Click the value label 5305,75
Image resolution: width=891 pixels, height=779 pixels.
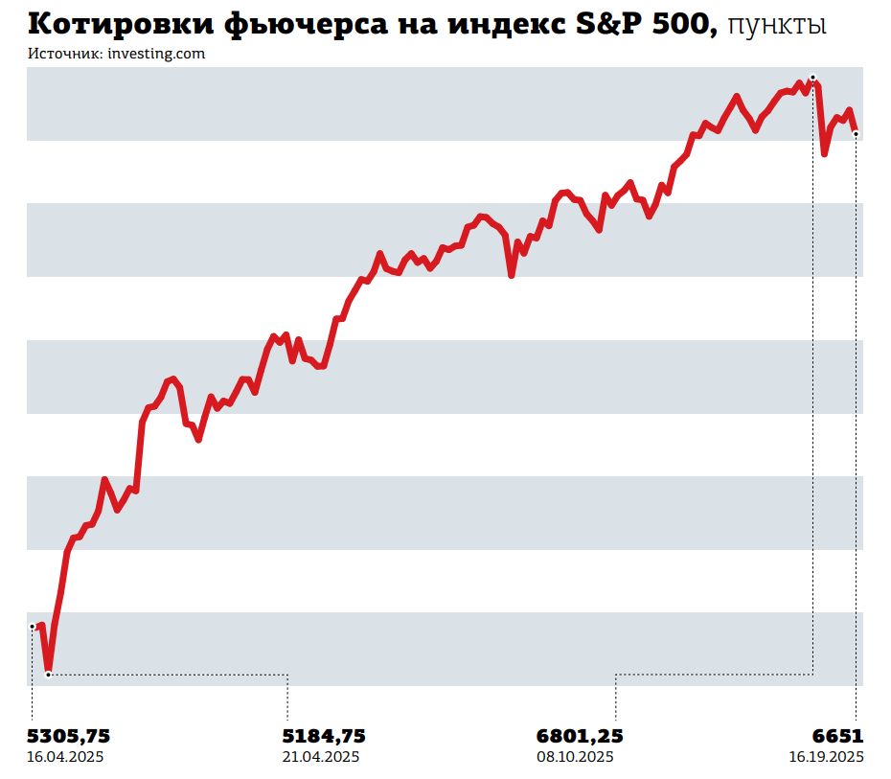click(x=68, y=736)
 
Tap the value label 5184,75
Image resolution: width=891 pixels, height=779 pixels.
click(x=323, y=736)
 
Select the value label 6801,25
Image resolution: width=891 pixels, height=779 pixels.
click(x=580, y=736)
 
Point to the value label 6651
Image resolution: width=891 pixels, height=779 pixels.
click(x=838, y=736)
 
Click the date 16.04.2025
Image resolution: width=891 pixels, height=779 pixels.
click(x=65, y=757)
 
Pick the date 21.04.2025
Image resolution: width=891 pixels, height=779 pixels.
click(x=320, y=757)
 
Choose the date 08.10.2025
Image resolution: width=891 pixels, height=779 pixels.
click(x=575, y=757)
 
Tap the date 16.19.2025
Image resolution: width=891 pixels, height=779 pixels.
click(x=826, y=757)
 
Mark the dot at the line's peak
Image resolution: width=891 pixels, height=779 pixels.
click(x=812, y=77)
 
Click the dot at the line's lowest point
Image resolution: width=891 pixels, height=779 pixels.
click(x=48, y=675)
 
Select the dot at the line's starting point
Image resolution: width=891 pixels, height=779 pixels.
click(x=33, y=627)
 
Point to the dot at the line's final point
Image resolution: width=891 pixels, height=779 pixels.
click(x=856, y=133)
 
